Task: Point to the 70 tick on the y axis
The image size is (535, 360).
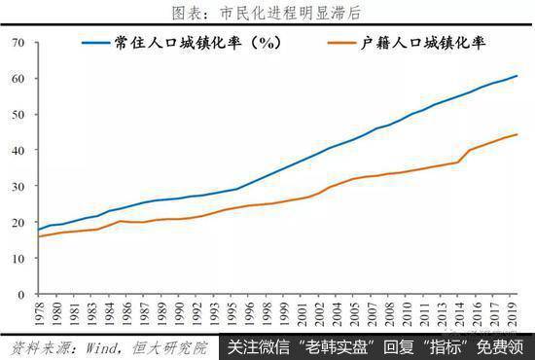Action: [x=18, y=43]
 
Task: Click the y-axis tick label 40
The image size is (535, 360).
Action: [x=18, y=150]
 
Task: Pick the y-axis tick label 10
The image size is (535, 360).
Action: [x=18, y=258]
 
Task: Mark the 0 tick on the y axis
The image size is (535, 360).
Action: [x=21, y=294]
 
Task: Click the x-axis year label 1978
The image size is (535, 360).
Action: [x=38, y=313]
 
